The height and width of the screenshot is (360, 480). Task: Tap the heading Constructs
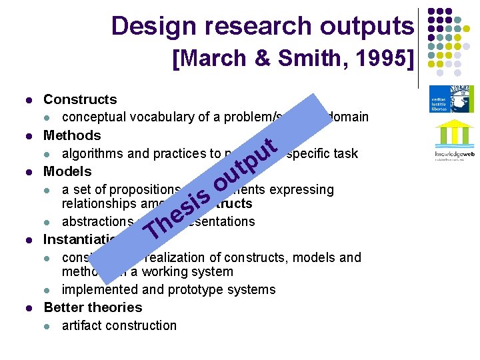80,99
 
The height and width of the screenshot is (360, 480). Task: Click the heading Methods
72,135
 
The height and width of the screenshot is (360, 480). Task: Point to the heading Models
67,171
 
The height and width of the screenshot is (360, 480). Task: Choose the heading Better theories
93,307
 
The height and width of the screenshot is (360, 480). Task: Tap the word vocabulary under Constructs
158,117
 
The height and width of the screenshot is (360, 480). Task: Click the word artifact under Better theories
81,325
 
